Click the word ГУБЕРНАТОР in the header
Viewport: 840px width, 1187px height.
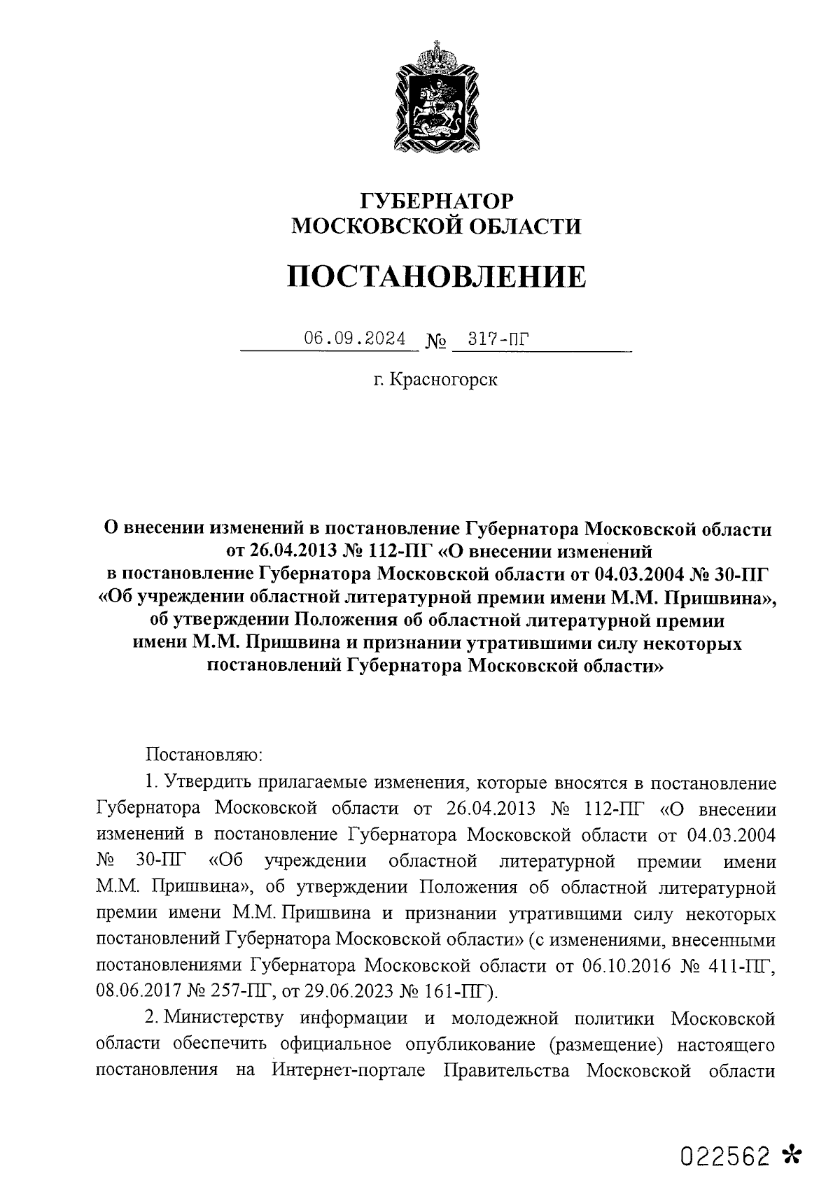(x=435, y=201)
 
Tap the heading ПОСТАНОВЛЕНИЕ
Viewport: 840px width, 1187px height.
(x=436, y=277)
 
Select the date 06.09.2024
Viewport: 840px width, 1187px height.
(x=354, y=339)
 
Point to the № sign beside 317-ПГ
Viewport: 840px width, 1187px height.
(x=435, y=342)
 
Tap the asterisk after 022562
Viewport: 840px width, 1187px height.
(x=792, y=1155)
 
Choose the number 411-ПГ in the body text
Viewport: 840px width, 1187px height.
(x=741, y=966)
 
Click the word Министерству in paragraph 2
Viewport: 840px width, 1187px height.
(x=224, y=1018)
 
